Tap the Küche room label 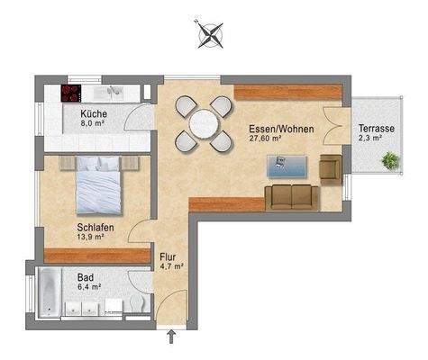[94, 114]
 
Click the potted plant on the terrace [390, 161]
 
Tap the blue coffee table [287, 165]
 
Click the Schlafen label [95, 229]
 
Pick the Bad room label [87, 278]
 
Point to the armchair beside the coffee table [331, 166]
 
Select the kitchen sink [115, 92]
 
